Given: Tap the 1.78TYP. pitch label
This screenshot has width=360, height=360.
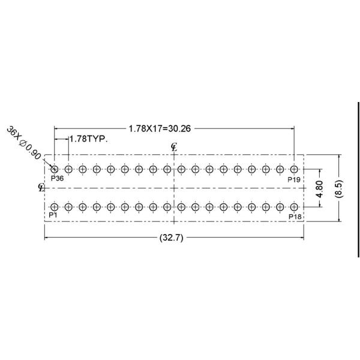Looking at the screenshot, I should click(x=88, y=139).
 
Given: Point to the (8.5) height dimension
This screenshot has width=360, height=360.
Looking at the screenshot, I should click(x=340, y=187).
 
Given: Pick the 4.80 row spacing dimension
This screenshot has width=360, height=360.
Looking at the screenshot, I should click(x=321, y=188).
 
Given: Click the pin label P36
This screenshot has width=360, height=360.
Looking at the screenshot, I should click(x=58, y=179).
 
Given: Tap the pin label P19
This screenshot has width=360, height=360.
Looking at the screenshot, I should click(x=294, y=179).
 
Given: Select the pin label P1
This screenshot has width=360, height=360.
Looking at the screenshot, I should click(x=53, y=215).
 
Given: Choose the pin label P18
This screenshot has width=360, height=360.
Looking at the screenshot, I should click(x=295, y=216).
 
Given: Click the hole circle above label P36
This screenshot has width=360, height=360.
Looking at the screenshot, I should click(x=55, y=169).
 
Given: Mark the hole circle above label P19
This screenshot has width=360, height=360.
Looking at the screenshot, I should click(x=294, y=169).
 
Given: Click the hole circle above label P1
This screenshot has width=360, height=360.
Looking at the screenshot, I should click(x=55, y=206).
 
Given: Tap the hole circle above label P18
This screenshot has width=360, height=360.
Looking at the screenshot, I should click(x=294, y=206).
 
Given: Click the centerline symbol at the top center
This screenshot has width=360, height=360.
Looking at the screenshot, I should click(x=174, y=146).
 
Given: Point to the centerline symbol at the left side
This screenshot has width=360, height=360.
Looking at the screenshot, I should click(x=41, y=187).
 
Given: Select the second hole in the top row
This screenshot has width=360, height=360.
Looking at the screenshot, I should click(x=68, y=169).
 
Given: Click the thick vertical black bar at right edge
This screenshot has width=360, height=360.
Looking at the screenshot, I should click(x=358, y=180).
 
